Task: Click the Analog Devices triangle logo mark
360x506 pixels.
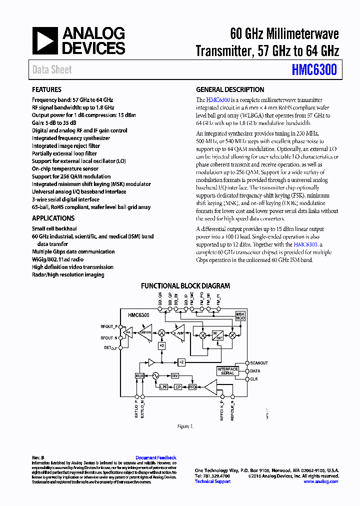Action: pyautogui.click(x=45, y=40)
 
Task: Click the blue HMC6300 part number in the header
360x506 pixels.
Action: pyautogui.click(x=314, y=70)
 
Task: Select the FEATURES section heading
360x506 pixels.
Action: pyautogui.click(x=47, y=90)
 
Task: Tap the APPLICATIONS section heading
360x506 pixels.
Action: pyautogui.click(x=53, y=218)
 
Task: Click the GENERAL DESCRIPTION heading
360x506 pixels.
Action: pyautogui.click(x=230, y=90)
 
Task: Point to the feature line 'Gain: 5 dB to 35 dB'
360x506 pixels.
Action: pyautogui.click(x=54, y=123)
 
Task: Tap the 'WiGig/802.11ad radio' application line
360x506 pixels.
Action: pyautogui.click(x=58, y=259)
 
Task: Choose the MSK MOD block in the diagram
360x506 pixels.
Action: pyautogui.click(x=240, y=316)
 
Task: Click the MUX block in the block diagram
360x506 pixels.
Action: pyautogui.click(x=139, y=375)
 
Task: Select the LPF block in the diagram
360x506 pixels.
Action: pyautogui.click(x=163, y=387)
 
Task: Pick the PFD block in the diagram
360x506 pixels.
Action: pyautogui.click(x=192, y=387)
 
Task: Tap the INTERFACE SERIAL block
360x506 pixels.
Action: pyautogui.click(x=227, y=371)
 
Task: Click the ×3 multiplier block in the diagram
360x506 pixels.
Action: pyautogui.click(x=161, y=345)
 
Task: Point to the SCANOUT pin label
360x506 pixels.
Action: pyautogui.click(x=259, y=363)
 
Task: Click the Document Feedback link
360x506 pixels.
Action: pyautogui.click(x=156, y=457)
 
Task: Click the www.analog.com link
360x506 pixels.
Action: pyautogui.click(x=321, y=481)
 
